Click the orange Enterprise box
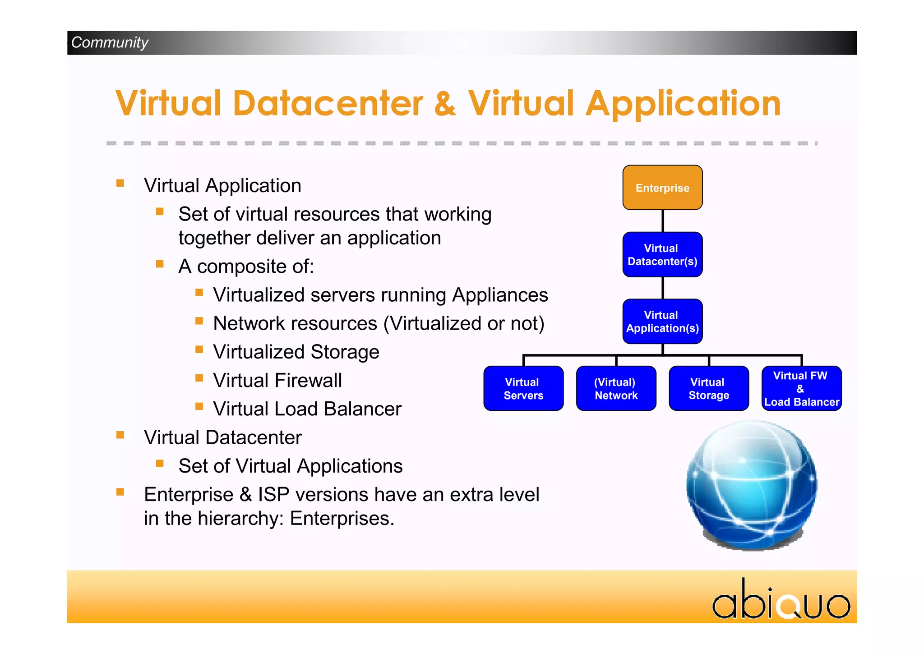tap(662, 188)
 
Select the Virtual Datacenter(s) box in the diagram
tap(662, 255)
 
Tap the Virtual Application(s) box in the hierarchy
tap(662, 322)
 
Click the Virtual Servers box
tap(523, 388)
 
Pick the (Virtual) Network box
tap(616, 388)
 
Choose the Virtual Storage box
tap(709, 388)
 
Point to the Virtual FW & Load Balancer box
tap(801, 388)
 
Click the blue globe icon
tap(752, 485)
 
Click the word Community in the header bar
tap(110, 42)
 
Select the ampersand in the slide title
tap(445, 104)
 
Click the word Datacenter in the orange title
tap(328, 104)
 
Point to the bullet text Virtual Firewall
tap(277, 380)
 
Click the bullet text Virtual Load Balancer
tap(307, 409)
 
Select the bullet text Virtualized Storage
tap(296, 352)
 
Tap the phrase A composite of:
tap(246, 267)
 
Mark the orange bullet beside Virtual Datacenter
tap(120, 435)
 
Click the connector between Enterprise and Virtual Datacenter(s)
tap(662, 221)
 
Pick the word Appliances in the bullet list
tap(500, 295)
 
